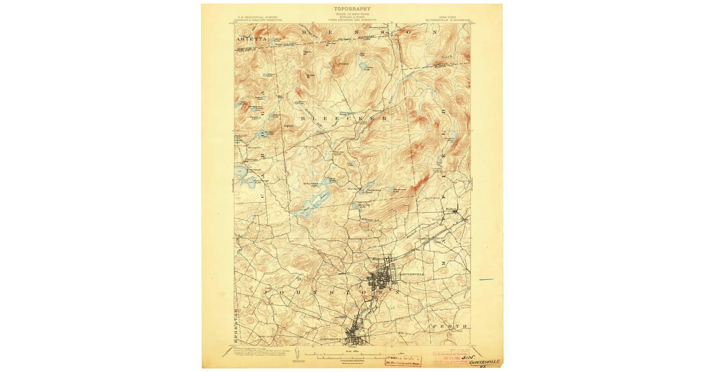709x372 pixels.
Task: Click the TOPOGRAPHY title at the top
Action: [x=353, y=9]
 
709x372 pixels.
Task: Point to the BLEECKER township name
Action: [x=346, y=119]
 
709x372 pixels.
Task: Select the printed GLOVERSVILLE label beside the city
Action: [x=412, y=275]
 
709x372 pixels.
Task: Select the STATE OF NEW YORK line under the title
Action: [x=353, y=15]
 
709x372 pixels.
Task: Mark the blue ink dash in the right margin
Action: [x=486, y=279]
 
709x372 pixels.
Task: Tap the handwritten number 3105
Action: [x=466, y=357]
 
